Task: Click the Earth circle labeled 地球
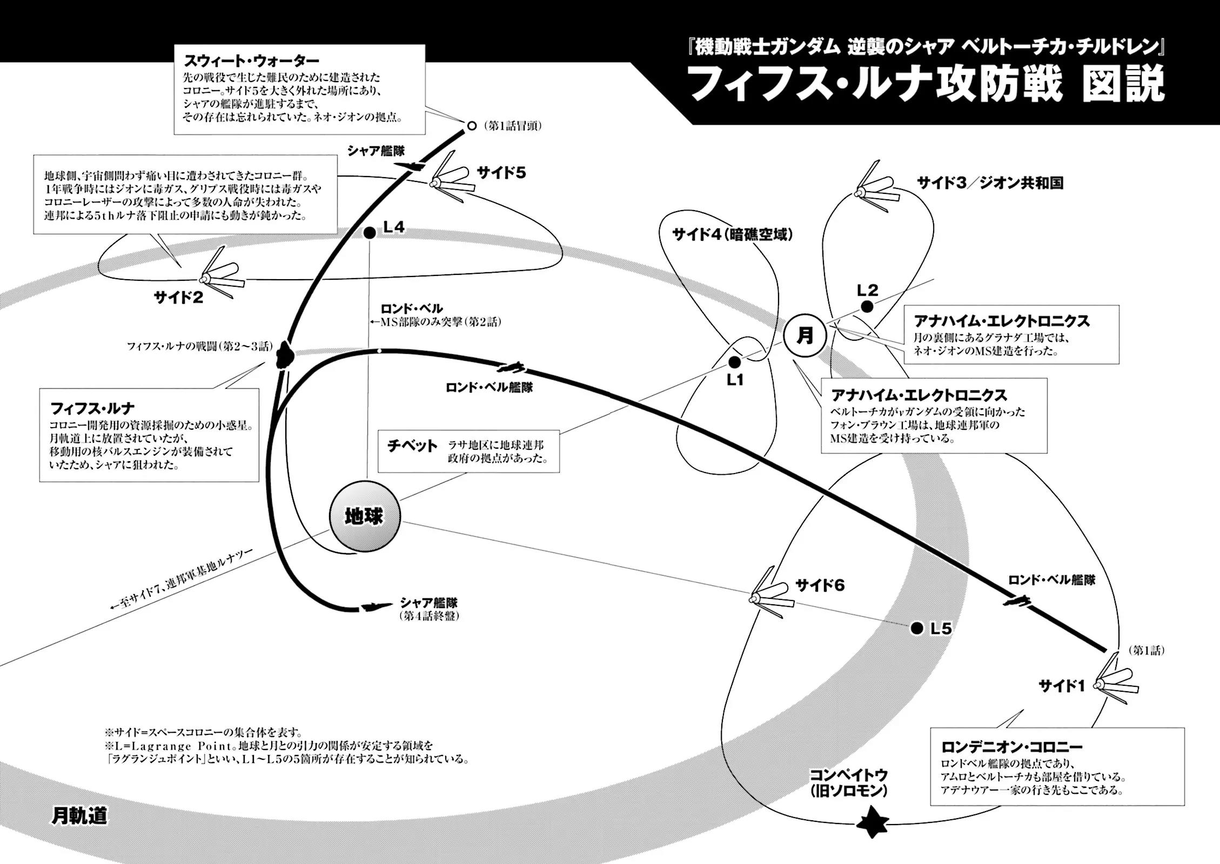365,517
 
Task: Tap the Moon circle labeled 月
805,336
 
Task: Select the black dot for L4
370,233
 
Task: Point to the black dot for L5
916,628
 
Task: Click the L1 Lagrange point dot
734,362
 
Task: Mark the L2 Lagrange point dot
867,307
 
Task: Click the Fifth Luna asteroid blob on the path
283,356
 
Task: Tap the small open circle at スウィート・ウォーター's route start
471,126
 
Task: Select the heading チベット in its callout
412,446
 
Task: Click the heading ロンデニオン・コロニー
1011,747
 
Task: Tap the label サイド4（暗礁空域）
732,234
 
